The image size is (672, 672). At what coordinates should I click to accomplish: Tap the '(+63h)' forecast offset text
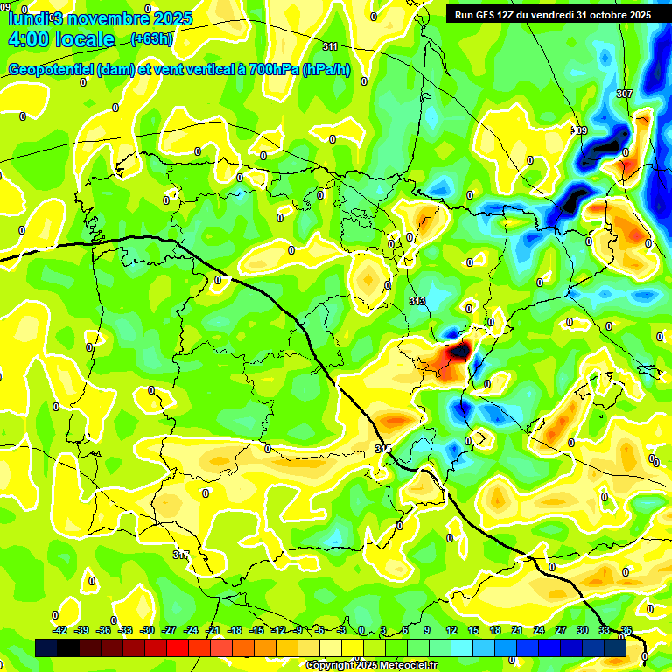point(151,38)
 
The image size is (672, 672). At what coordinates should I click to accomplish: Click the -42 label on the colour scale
point(59,630)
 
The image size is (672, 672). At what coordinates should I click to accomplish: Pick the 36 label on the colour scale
point(626,630)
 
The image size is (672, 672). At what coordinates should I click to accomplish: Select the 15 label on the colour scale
point(472,630)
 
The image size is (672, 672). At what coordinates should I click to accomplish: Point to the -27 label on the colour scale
point(169,630)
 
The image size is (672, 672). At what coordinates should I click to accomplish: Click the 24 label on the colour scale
point(538,630)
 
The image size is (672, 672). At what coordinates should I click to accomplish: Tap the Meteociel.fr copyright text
point(371,665)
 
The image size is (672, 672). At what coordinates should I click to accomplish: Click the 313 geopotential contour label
point(416,301)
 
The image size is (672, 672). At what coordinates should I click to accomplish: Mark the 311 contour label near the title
point(330,46)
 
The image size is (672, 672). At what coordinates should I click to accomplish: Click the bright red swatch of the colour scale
point(178,648)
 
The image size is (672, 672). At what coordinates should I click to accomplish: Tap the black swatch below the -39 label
point(68,648)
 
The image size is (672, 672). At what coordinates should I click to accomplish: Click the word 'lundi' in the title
point(27,17)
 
